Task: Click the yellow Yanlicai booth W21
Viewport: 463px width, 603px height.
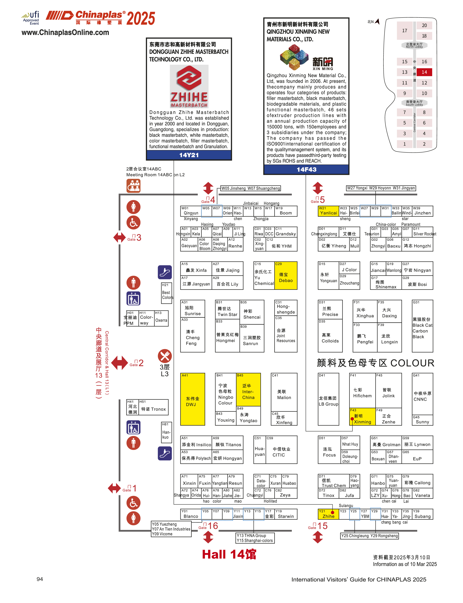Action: click(328, 211)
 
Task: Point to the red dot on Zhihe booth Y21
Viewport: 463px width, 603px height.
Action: click(332, 513)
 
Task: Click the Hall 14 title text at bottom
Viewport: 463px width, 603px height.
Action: click(229, 554)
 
